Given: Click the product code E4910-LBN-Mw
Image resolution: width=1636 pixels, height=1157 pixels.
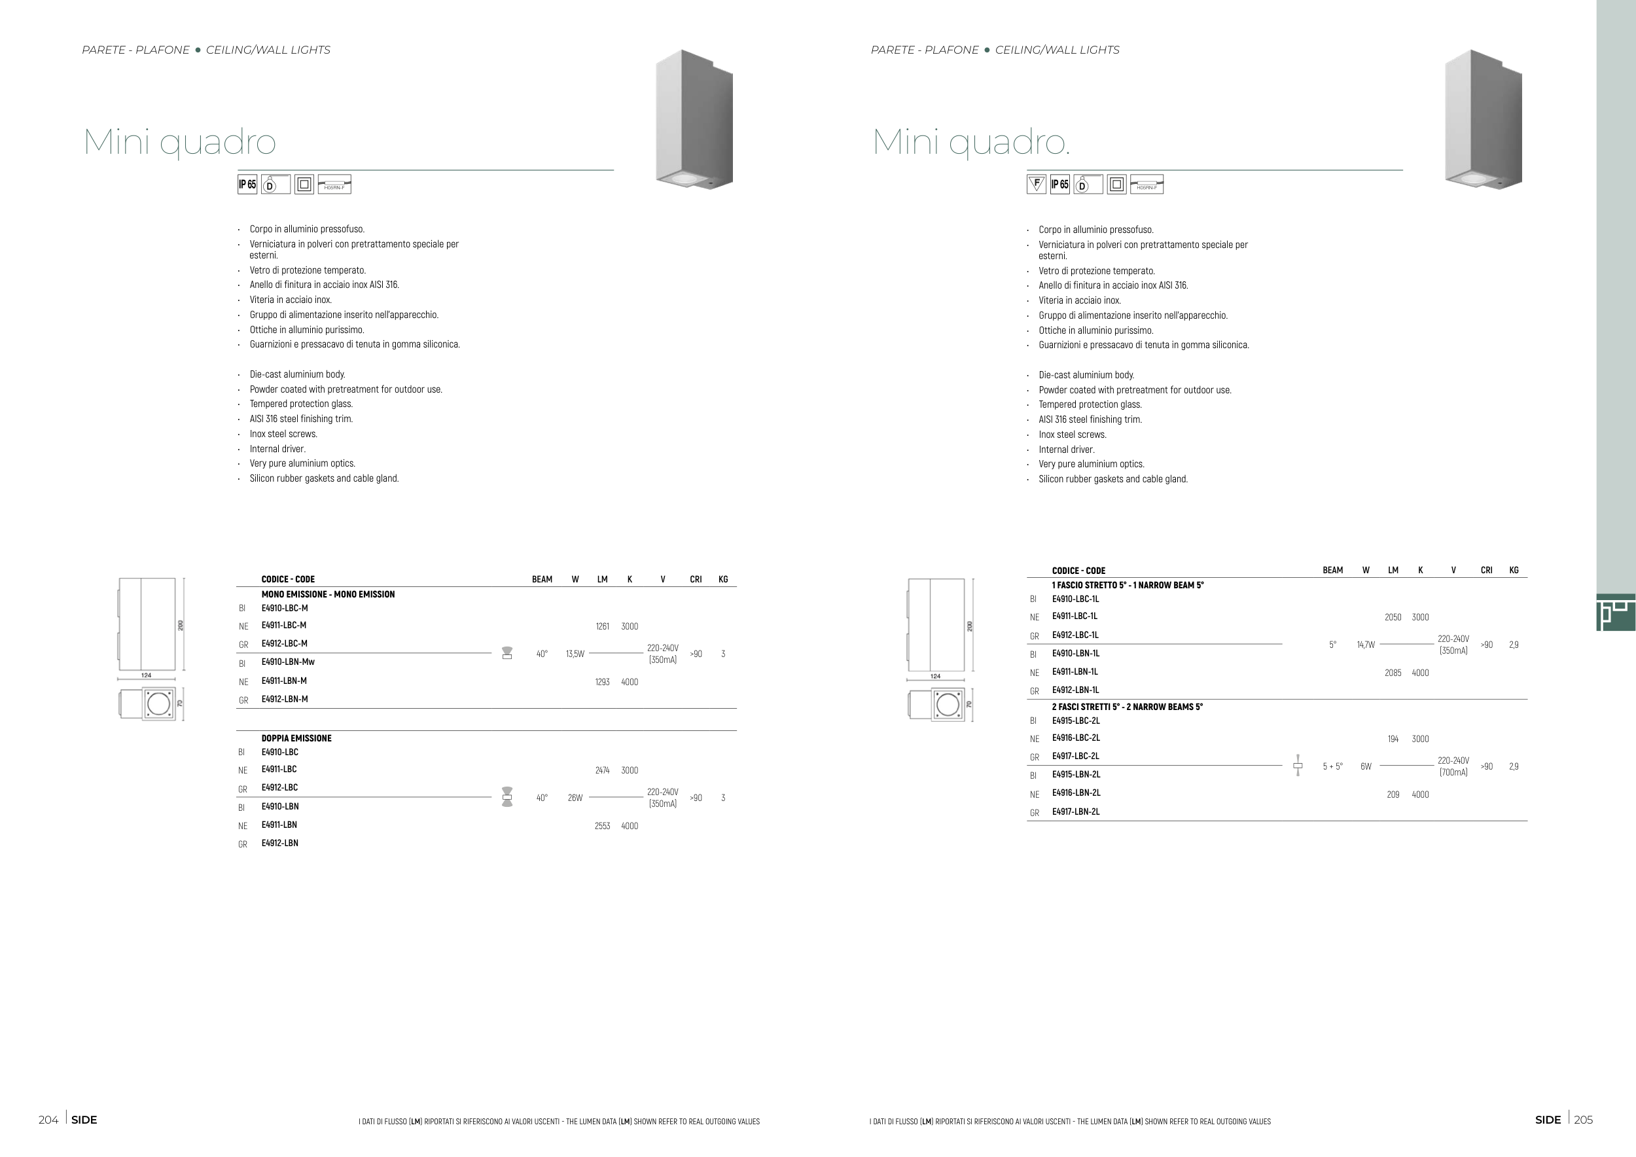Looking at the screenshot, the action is [x=288, y=662].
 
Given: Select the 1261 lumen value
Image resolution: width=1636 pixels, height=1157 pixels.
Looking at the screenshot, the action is [x=602, y=626].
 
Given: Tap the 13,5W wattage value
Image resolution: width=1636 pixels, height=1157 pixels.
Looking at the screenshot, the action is [x=575, y=654].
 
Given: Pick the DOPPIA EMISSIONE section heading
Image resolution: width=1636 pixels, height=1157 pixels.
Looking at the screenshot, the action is [x=296, y=738].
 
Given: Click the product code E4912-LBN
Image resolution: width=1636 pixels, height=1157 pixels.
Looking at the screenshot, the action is [x=280, y=843].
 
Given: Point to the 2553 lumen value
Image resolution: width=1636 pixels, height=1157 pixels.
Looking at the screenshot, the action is [x=602, y=826].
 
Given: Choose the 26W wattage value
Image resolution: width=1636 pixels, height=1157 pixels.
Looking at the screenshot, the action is [x=575, y=798].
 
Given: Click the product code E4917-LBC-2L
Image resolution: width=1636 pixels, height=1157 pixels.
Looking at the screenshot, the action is [x=1076, y=756].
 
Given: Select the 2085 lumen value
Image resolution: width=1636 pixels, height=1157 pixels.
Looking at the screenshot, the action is [x=1393, y=673].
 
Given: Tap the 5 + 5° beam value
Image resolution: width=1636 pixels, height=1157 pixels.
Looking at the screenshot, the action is [x=1332, y=766].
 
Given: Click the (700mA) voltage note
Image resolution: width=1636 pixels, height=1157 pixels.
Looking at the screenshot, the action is [x=1453, y=772].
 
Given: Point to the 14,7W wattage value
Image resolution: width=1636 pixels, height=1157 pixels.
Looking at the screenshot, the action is [x=1366, y=645].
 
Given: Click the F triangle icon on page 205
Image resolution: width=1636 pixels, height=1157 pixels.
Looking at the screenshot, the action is [x=1037, y=184].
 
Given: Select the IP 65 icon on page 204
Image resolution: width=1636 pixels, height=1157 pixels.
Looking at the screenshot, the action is [x=247, y=184].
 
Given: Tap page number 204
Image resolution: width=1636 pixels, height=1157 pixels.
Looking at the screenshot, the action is [x=48, y=1120].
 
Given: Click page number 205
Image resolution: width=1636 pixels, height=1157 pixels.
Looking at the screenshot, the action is [x=1583, y=1120].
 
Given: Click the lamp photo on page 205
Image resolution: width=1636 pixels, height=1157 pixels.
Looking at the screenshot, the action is [x=1484, y=120].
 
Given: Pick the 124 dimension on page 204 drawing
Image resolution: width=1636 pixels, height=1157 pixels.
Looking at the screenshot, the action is [x=146, y=675].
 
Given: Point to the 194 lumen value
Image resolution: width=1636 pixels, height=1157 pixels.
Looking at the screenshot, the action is [x=1393, y=739].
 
